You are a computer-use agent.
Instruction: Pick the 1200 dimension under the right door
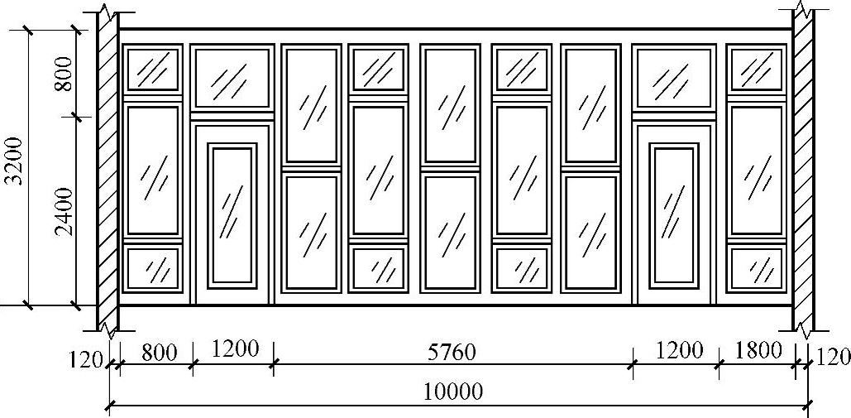[x=680, y=350]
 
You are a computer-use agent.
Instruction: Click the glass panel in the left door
[x=232, y=213]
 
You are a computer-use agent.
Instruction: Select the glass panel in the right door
[x=674, y=213]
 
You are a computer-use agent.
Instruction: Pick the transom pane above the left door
[x=232, y=79]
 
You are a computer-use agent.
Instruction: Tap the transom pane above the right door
[x=673, y=79]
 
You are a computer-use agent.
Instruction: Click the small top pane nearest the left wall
[x=151, y=69]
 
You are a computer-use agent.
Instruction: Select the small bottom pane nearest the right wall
[x=756, y=268]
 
